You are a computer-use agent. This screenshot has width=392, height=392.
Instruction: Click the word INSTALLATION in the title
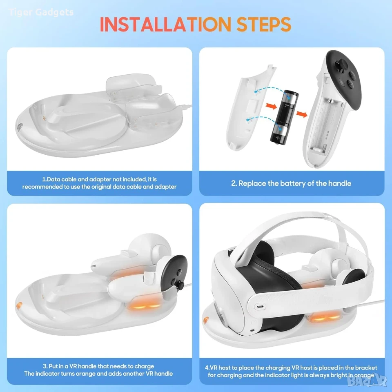point(165,24)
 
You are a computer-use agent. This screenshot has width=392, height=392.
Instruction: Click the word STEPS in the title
point(264,24)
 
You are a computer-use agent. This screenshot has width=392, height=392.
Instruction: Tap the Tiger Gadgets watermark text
point(41,12)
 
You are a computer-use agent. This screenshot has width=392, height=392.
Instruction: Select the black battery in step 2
point(284,117)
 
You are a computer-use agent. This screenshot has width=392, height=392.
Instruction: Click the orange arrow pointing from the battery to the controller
point(302,114)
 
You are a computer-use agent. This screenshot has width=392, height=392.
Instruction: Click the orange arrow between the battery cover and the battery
point(271,106)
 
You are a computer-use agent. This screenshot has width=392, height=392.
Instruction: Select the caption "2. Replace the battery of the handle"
point(291,183)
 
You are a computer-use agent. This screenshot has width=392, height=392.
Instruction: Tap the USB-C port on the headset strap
point(260,307)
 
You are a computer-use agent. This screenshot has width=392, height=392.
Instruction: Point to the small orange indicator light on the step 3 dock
point(19,305)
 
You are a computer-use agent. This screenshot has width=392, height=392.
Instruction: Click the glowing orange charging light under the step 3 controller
point(143,305)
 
